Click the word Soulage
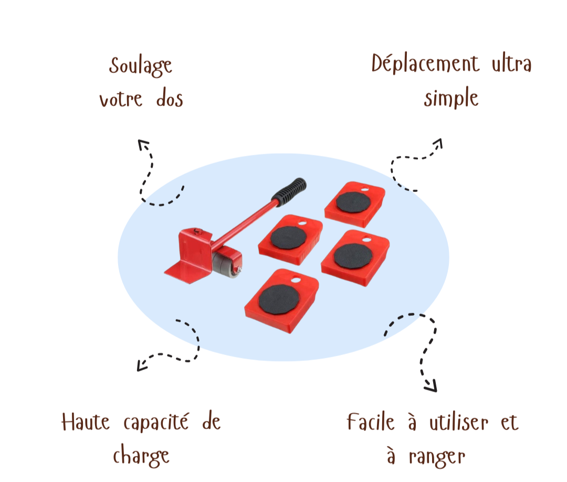coord(141,67)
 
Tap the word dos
coord(170,98)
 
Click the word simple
coord(451,98)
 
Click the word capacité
coord(156,422)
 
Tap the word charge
coord(141,456)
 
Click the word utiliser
coord(459,422)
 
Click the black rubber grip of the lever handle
coord(289,191)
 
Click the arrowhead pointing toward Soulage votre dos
coord(143,144)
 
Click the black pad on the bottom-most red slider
coord(279,299)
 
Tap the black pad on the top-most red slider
coord(353,202)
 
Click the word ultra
coord(512,64)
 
